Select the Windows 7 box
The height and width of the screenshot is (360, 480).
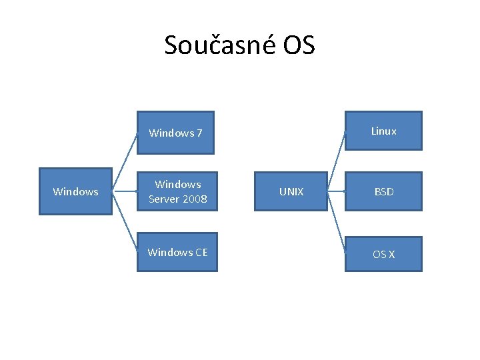coord(177,133)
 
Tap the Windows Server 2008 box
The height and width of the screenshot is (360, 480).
coord(177,191)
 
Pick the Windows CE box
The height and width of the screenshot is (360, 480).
coord(177,252)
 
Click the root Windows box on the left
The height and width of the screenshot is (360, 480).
coord(75,191)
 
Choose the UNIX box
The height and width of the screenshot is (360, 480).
coord(291,191)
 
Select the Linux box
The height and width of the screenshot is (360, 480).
coord(383,131)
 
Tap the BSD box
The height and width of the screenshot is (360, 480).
coord(383,191)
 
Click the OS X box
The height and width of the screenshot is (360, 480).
coord(383,254)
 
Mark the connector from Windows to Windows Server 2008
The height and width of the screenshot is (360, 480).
coord(125,192)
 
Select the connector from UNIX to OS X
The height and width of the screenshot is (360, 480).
coord(337,223)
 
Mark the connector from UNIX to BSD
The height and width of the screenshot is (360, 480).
coord(336,192)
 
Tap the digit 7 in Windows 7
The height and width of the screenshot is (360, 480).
coord(199,133)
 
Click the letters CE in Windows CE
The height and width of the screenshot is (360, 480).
coord(201,252)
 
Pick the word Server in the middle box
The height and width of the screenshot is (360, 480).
coord(163,199)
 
